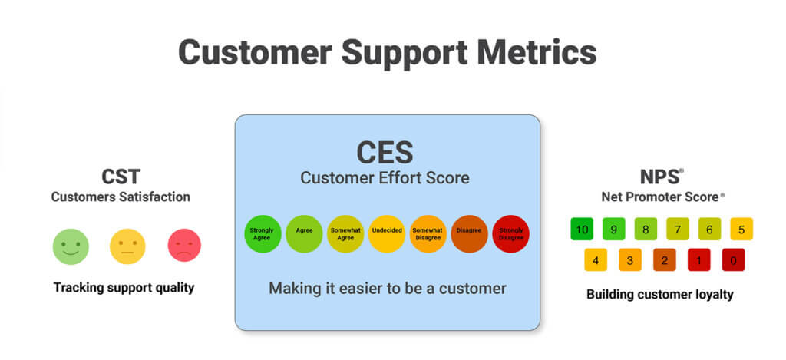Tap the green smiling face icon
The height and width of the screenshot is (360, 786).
71,246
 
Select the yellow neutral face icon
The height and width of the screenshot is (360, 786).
127,246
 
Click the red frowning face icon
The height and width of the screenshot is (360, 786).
184,246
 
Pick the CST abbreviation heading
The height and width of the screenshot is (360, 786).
121,177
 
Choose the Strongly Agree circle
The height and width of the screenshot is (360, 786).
263,233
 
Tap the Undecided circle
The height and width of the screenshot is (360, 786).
387,233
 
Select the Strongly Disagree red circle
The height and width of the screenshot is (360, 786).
511,233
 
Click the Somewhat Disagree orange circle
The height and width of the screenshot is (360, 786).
428,233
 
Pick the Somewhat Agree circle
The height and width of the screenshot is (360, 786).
345,233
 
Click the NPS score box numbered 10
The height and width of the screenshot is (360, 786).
583,229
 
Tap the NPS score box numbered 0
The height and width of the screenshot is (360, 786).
733,259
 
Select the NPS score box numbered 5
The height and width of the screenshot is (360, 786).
741,229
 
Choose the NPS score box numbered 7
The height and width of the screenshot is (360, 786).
678,229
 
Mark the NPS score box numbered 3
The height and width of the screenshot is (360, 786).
629,259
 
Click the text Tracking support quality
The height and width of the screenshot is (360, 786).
124,288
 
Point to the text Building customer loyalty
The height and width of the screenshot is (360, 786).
660,294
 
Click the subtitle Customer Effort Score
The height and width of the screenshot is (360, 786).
385,179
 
